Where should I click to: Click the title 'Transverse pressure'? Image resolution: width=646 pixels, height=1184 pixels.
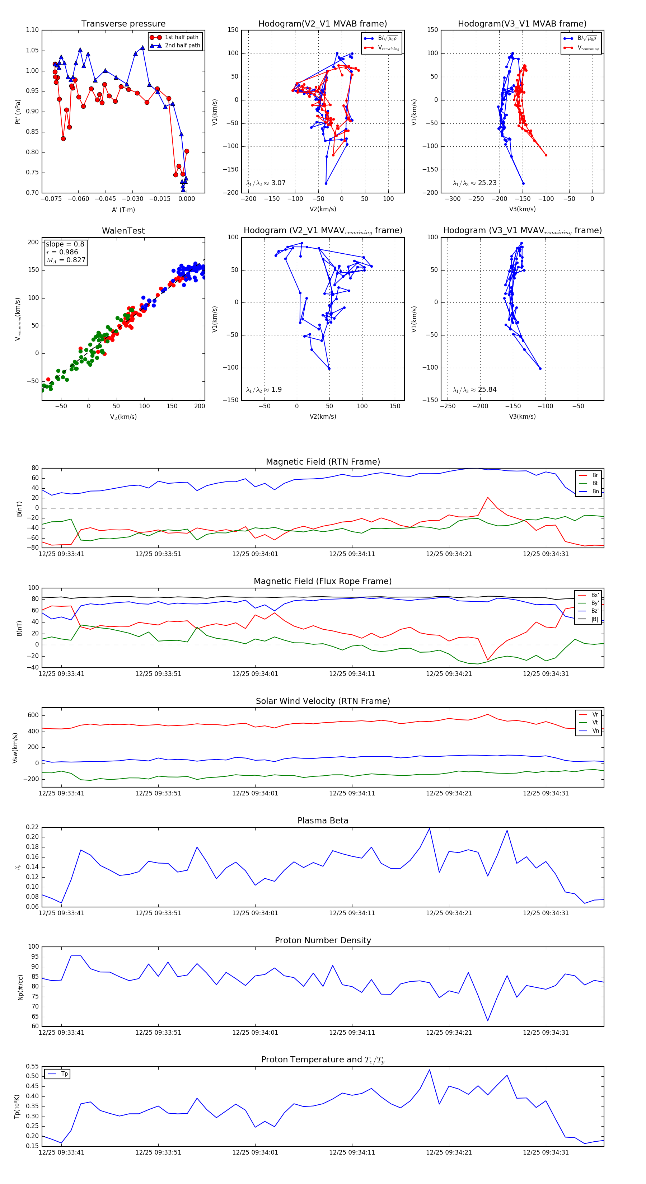click(123, 24)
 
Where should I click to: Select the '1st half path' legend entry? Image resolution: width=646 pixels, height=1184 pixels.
click(181, 37)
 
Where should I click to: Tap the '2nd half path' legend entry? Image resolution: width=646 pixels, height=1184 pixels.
click(182, 46)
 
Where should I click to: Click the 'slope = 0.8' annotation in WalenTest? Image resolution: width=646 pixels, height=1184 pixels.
click(65, 244)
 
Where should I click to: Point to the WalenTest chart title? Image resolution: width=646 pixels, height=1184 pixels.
click(123, 231)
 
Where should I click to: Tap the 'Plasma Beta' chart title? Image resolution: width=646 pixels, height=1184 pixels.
click(323, 821)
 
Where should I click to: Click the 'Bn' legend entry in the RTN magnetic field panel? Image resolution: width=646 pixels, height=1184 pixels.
click(595, 491)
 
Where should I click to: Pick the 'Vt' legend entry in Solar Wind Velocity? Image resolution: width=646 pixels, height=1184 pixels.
click(595, 723)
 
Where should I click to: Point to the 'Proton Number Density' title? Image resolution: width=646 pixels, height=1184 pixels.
click(323, 940)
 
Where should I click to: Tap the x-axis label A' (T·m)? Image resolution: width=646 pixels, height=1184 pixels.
click(123, 210)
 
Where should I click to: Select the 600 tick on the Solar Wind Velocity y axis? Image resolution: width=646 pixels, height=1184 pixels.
click(33, 715)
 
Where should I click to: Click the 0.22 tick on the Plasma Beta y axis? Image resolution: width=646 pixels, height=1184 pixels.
click(32, 827)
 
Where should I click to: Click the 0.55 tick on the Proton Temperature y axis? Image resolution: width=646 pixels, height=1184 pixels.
click(32, 1066)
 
